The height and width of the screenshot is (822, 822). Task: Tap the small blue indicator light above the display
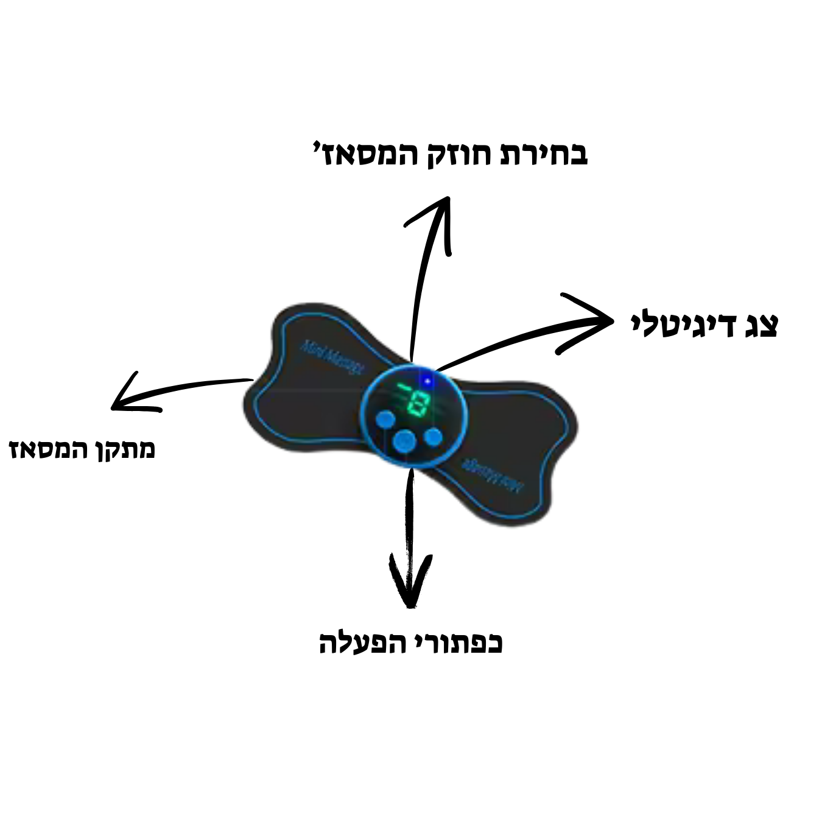click(x=427, y=381)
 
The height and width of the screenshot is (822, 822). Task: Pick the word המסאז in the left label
click(x=46, y=450)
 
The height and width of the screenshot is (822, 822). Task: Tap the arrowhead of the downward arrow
click(x=410, y=600)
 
